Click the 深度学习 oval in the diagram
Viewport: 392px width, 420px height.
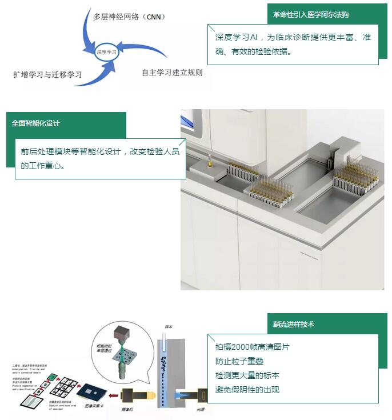tap(107, 51)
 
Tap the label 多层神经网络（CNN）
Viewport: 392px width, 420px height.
tap(129, 17)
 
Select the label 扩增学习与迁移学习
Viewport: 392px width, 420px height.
tap(47, 75)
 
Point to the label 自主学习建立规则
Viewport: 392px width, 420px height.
tap(172, 73)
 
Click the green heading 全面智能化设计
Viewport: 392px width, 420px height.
tap(36, 123)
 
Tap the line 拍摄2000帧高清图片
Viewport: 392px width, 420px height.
tap(252, 347)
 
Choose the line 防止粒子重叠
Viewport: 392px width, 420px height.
tap(239, 361)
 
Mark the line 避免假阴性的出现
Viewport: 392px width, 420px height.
tap(247, 390)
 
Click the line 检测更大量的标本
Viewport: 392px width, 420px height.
tap(247, 375)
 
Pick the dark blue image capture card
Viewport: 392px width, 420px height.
tap(91, 390)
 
